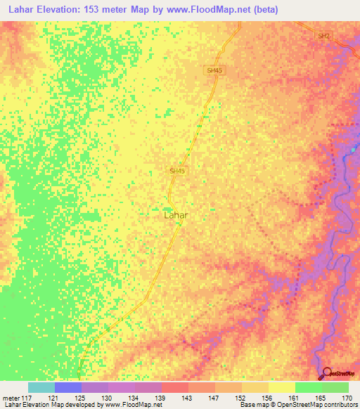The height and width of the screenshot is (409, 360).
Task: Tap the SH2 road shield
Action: tap(323, 35)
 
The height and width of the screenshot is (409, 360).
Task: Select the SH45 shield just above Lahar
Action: tap(177, 170)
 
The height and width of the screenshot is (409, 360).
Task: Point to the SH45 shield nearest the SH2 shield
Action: tap(215, 71)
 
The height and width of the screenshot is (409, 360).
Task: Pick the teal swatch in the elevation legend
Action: tap(41, 387)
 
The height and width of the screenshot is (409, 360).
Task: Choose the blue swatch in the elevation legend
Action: tap(68, 387)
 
